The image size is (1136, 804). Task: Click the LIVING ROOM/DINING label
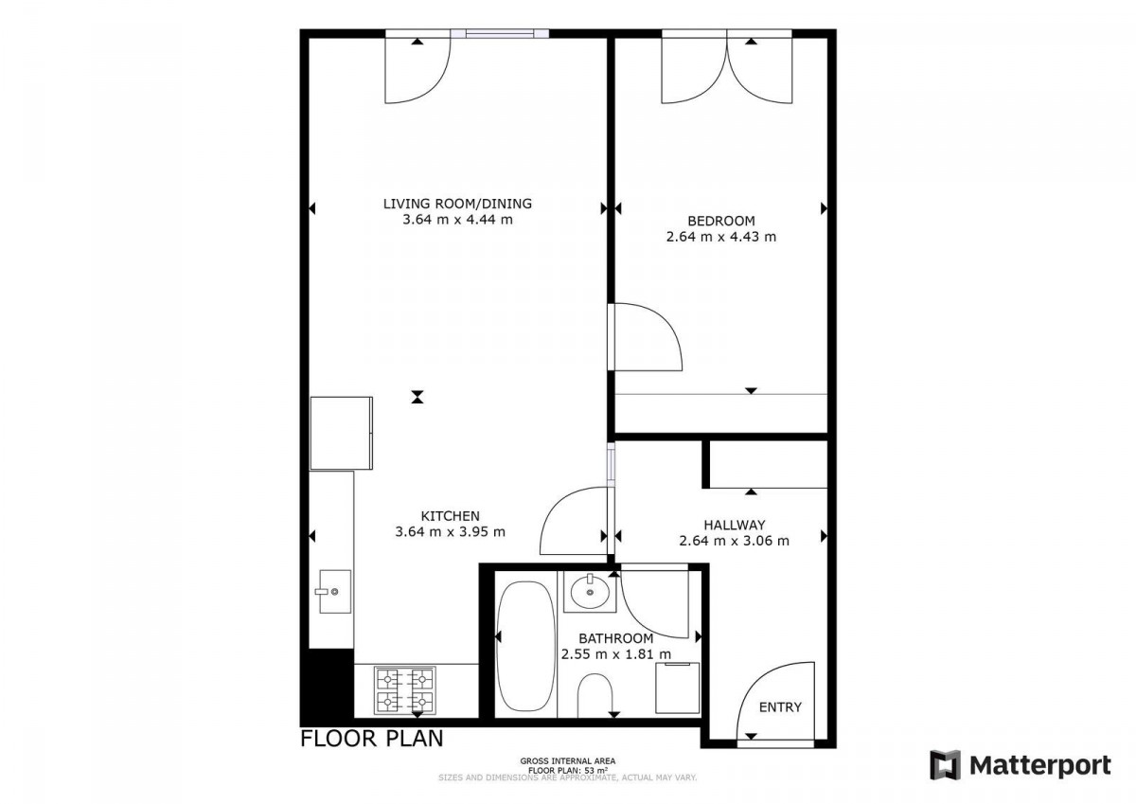(x=457, y=204)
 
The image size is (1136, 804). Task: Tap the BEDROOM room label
(x=721, y=221)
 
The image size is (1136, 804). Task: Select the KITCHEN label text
(x=451, y=516)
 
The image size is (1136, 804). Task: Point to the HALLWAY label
(x=735, y=525)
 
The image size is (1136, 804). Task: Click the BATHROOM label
(x=616, y=638)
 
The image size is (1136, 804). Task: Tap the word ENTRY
(x=780, y=707)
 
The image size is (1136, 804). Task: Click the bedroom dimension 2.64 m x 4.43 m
(x=721, y=237)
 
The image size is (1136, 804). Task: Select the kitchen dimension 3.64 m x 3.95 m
(x=451, y=532)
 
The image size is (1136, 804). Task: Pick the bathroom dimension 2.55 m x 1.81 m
(x=616, y=654)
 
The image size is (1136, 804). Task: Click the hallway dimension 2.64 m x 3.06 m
(x=735, y=542)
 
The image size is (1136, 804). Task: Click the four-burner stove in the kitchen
(x=405, y=689)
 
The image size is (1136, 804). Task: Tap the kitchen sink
(x=335, y=592)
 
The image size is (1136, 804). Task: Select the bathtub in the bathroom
(x=526, y=646)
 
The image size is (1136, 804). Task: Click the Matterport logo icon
(x=946, y=765)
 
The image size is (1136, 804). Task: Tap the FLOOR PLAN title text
(x=372, y=739)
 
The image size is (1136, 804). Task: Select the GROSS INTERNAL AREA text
(x=567, y=760)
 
